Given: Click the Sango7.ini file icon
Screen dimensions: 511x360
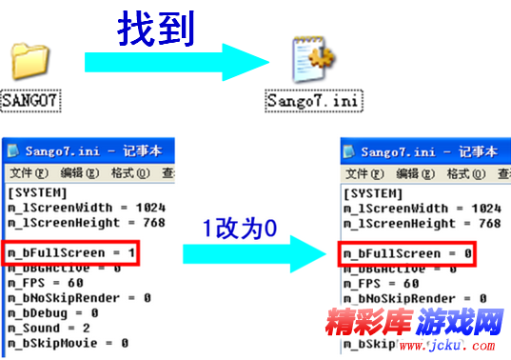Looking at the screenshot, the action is click(x=310, y=62).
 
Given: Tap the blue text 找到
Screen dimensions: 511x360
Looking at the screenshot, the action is click(x=155, y=30).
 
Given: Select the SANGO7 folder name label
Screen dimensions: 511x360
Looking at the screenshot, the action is click(x=31, y=97).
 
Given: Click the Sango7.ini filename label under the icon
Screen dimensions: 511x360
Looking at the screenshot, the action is click(x=314, y=99).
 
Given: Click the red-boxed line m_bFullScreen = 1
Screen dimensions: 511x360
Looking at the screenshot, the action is click(x=71, y=253).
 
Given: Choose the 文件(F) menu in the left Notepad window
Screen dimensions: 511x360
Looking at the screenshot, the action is click(x=29, y=173).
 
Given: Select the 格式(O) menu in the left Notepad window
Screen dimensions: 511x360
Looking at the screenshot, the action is click(x=130, y=173).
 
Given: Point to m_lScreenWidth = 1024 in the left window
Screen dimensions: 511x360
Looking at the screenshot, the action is click(x=87, y=208).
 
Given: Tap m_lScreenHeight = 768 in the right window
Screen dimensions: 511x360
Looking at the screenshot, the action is click(x=422, y=223).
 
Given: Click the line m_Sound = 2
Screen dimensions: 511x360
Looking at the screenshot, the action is click(x=48, y=328).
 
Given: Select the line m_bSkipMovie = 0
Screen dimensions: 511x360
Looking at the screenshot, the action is click(x=68, y=343).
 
